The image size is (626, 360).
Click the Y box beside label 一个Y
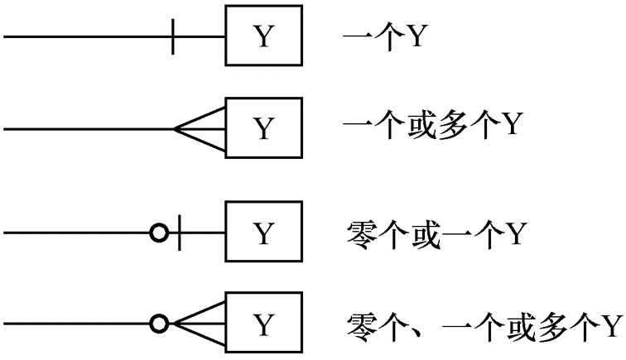pos(262,37)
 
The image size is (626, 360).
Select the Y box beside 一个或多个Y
pos(262,129)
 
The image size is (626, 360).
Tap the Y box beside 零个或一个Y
pos(262,234)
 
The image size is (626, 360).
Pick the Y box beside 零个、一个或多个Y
pos(262,322)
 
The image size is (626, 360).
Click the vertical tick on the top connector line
pos(172,37)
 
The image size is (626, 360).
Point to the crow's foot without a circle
pos(200,129)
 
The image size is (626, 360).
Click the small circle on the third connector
pos(157,234)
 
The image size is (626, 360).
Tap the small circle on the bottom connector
pos(157,322)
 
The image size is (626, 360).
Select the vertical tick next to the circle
pos(180,234)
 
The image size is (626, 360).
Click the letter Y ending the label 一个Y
pos(415,37)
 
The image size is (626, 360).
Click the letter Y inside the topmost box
pos(262,37)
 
